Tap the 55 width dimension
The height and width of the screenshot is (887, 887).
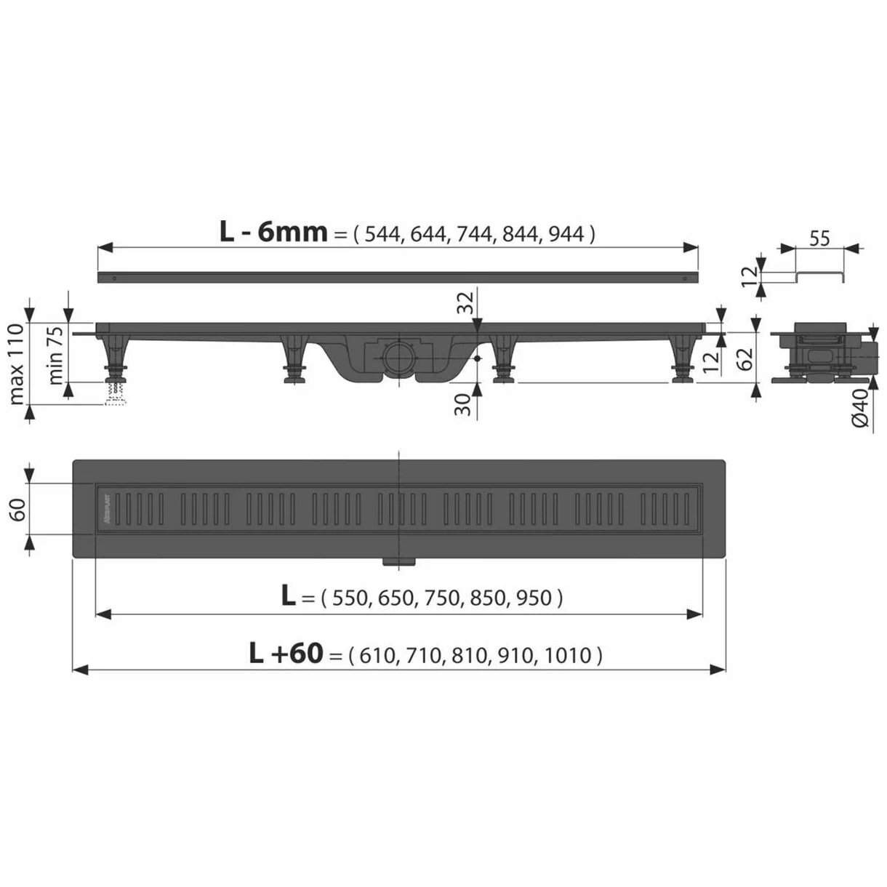(x=819, y=238)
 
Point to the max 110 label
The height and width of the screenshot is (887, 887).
(x=17, y=364)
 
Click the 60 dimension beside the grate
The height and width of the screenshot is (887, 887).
(x=17, y=509)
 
